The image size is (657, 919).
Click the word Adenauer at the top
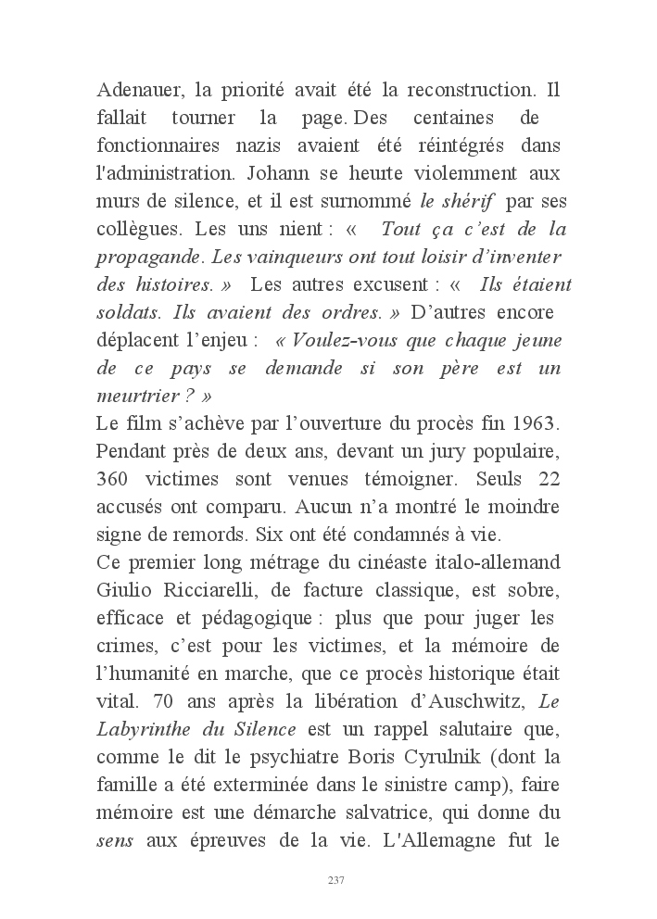(x=138, y=92)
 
